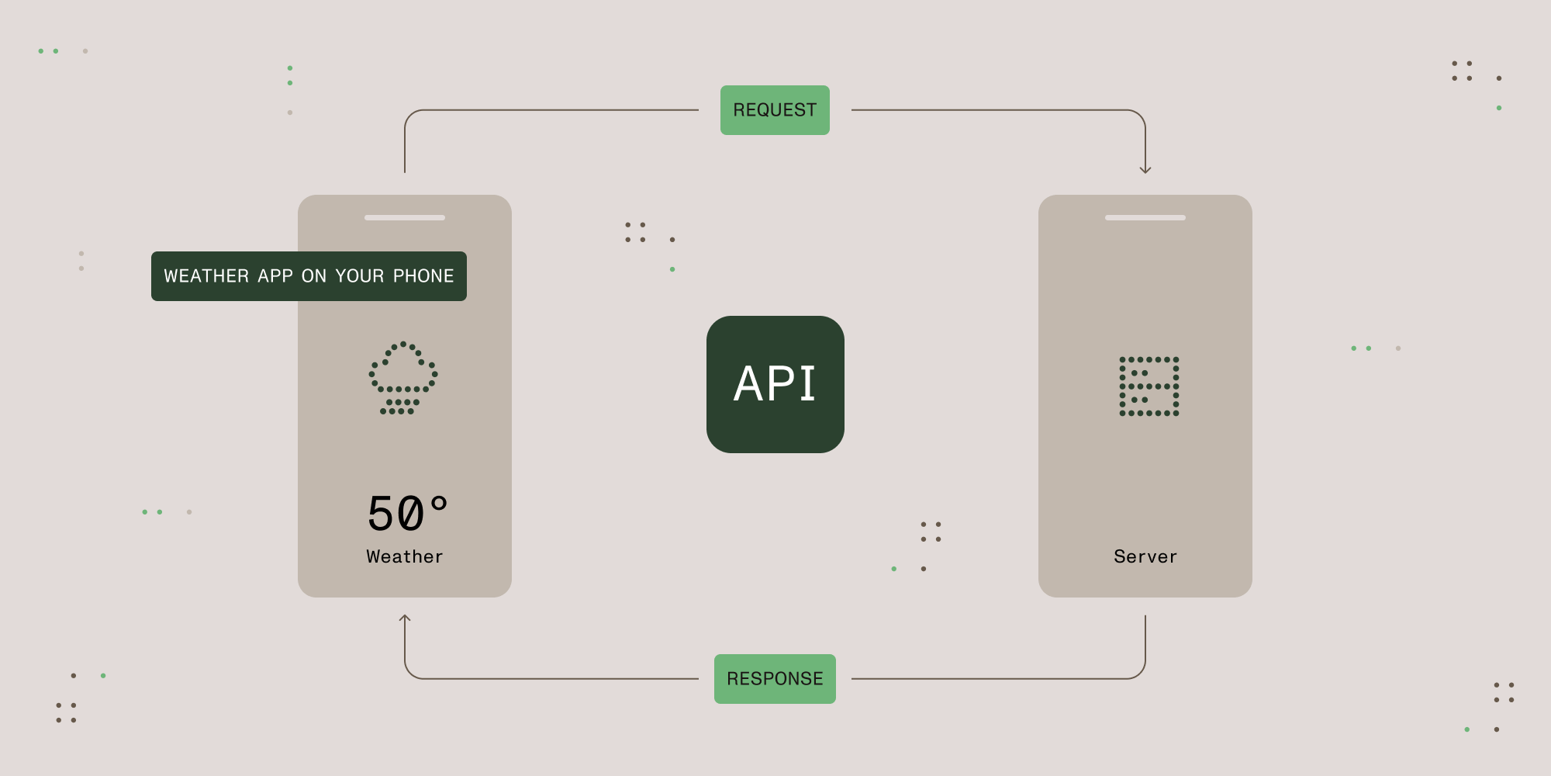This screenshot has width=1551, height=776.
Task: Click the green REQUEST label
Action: [775, 110]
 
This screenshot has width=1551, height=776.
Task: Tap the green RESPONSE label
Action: [775, 679]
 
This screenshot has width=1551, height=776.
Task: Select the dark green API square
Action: [775, 384]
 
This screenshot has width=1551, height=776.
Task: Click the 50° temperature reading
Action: [408, 513]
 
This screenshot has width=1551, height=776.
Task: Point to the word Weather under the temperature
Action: [405, 556]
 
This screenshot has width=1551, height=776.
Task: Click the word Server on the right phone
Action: [1145, 556]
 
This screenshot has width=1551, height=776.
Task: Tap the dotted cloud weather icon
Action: [402, 378]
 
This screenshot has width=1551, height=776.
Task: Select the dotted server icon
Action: [1149, 386]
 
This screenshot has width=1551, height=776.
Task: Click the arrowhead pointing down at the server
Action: [1145, 169]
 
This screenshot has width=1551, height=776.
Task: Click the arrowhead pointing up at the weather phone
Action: [405, 618]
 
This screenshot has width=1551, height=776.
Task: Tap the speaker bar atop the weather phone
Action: [405, 217]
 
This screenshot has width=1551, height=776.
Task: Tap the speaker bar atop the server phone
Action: [1145, 217]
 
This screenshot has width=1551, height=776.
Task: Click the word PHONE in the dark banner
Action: [423, 276]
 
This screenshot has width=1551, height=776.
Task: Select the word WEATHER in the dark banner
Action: [206, 276]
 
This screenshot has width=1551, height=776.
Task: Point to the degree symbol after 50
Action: [439, 504]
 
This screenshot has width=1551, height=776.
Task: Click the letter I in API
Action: [807, 383]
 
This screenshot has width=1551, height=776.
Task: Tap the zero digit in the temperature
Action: [410, 514]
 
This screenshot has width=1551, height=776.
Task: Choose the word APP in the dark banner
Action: [275, 276]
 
